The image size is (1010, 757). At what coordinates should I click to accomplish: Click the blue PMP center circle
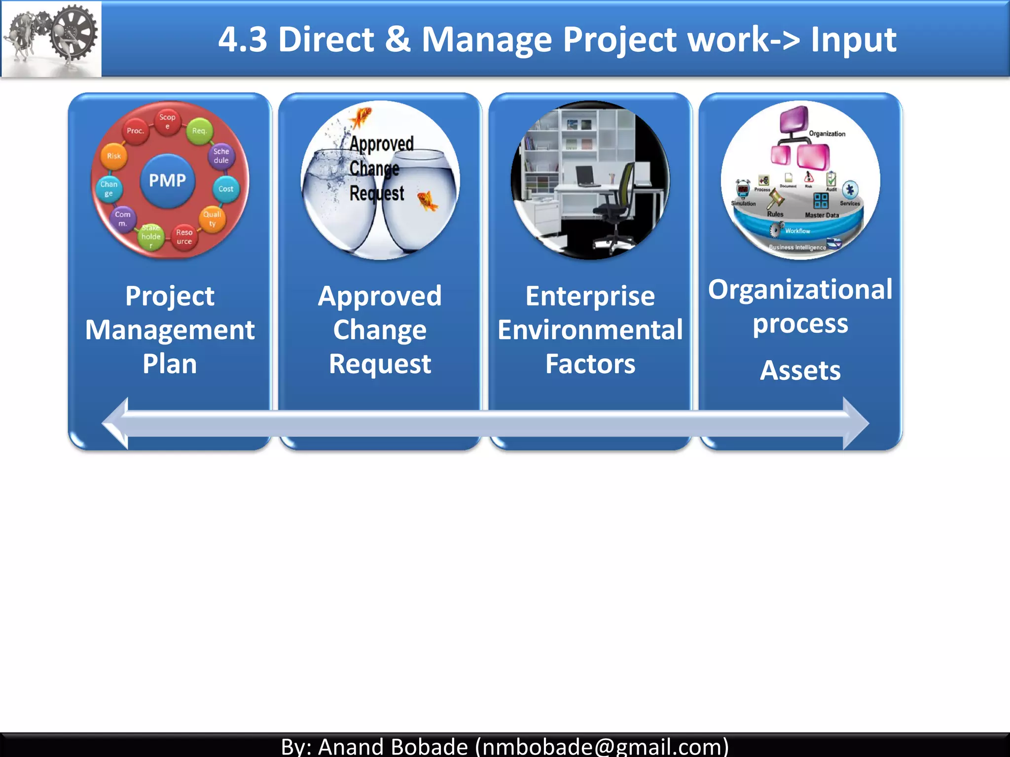tap(168, 180)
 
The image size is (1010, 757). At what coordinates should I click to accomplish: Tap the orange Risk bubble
tap(114, 156)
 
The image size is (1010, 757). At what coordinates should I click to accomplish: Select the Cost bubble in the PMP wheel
tap(226, 189)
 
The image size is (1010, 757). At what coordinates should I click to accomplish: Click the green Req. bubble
tap(199, 131)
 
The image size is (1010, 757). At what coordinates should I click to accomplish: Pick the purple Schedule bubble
tap(221, 156)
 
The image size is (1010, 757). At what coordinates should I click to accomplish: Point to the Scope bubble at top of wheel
tap(167, 121)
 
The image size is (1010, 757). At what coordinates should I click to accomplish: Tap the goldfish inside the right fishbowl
tap(427, 201)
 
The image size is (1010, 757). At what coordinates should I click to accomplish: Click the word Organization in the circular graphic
tap(827, 134)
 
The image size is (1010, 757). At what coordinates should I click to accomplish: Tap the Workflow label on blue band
tap(797, 231)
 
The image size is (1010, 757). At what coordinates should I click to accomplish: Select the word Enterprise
tap(590, 296)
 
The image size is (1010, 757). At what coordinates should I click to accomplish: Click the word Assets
tap(800, 371)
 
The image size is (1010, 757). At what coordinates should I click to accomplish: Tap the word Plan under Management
tap(170, 364)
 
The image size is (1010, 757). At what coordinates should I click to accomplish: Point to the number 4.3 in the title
tap(243, 39)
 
